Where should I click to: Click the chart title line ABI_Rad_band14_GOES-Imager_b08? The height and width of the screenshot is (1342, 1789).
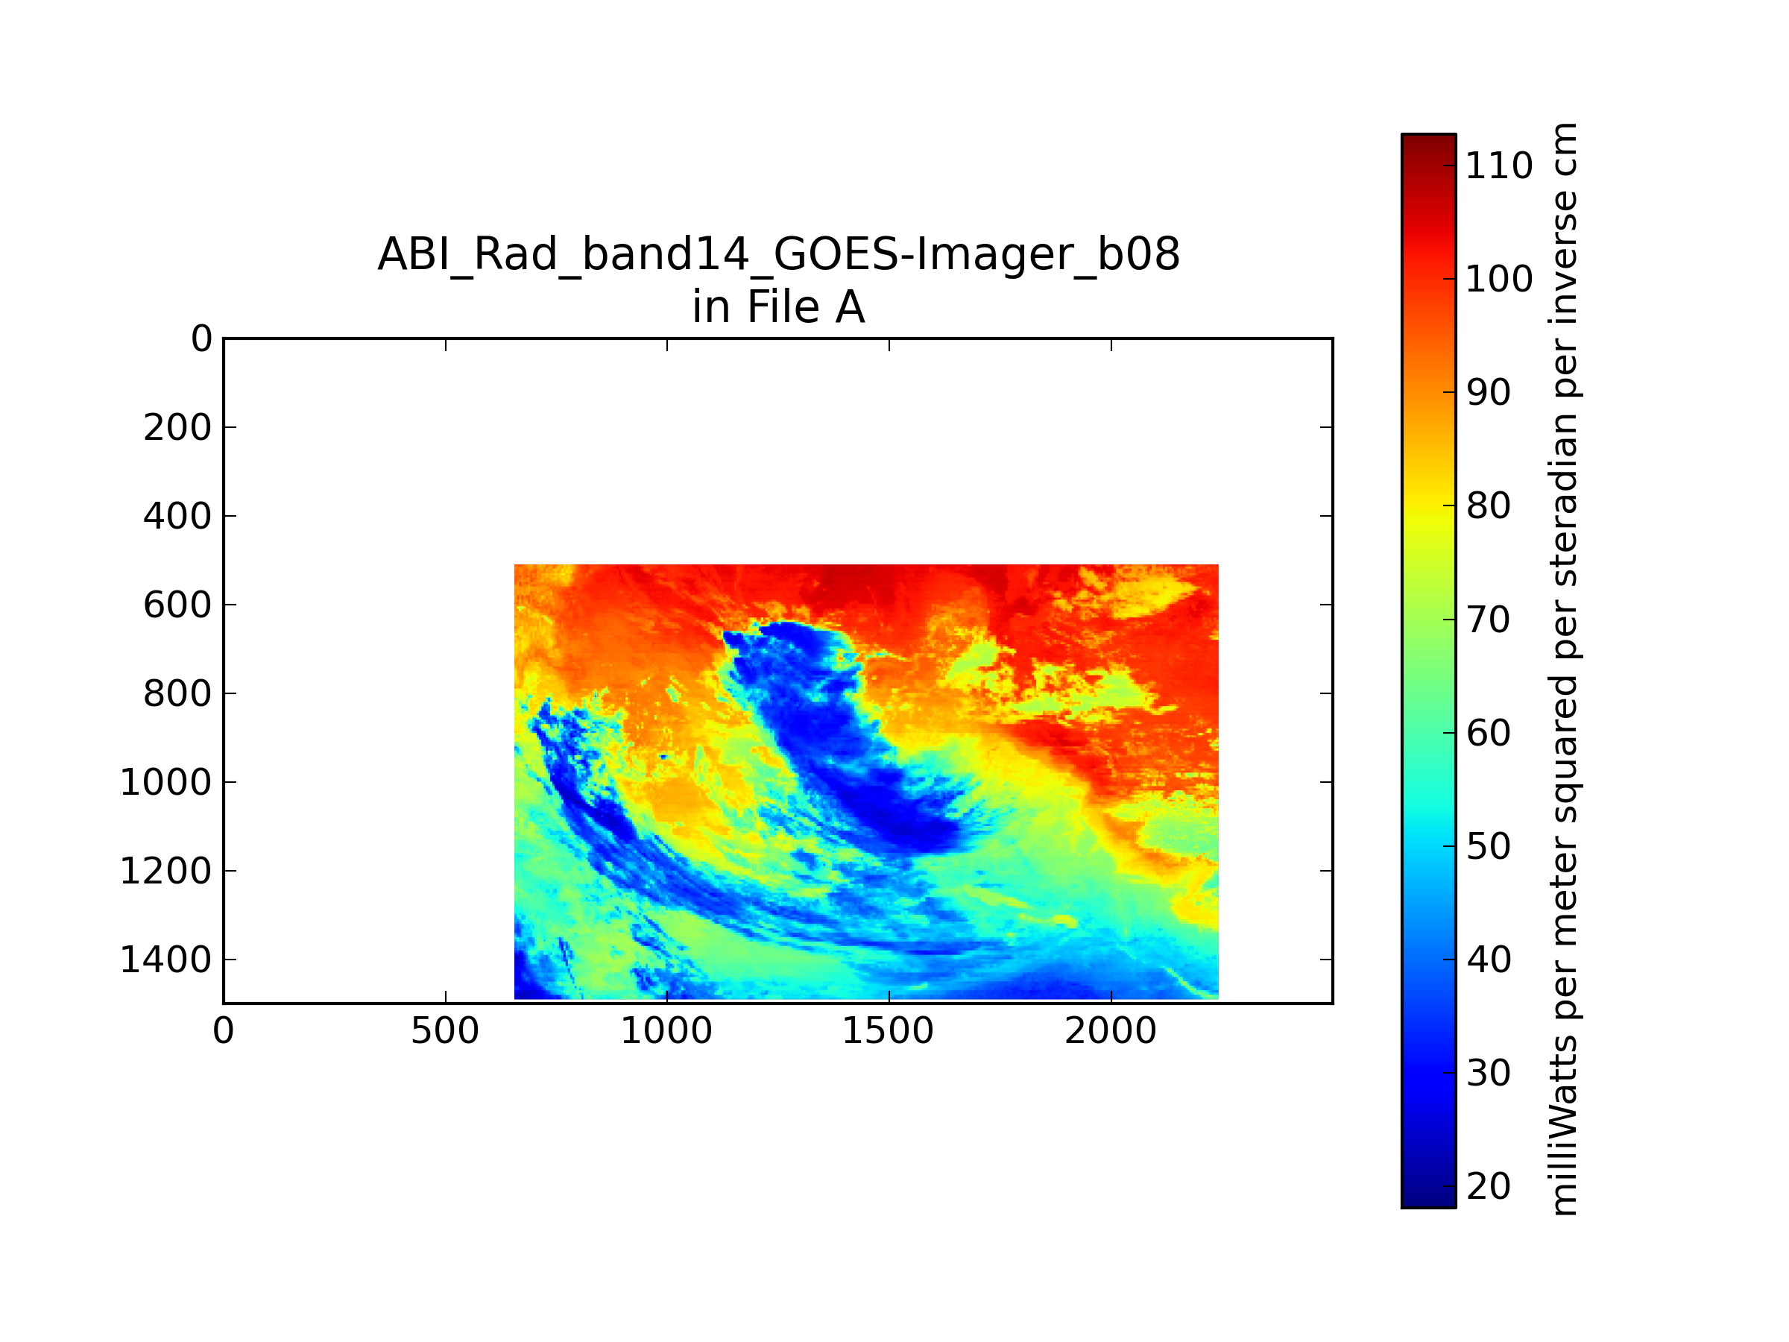tap(778, 254)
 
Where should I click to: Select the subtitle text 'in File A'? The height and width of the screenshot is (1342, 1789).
tap(778, 307)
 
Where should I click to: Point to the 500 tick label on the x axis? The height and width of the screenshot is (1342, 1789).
tap(445, 1031)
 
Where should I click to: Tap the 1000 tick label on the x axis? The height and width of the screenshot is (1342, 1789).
tap(666, 1031)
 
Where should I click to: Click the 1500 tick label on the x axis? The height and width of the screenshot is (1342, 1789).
tap(888, 1031)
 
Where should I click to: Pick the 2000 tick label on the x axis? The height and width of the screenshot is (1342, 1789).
tap(1111, 1031)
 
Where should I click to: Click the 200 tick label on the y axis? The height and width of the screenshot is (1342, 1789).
tap(178, 428)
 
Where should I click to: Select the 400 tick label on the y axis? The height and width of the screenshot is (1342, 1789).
tap(178, 516)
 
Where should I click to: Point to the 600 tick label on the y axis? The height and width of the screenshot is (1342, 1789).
tap(178, 605)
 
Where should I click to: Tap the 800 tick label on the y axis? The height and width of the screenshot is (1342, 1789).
tap(178, 694)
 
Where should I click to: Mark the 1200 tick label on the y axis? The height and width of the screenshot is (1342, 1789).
tap(165, 872)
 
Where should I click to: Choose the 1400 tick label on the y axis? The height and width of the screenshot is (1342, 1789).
tap(165, 960)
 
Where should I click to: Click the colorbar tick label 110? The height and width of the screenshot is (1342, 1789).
tap(1498, 166)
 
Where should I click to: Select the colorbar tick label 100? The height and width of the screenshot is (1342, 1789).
tap(1498, 279)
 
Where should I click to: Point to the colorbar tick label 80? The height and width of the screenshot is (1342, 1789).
tap(1488, 506)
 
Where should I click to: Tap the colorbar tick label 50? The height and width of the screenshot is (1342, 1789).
tap(1488, 847)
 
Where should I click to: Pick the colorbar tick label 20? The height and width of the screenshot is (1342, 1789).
tap(1488, 1187)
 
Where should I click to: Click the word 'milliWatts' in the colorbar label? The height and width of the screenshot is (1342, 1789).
tap(1562, 1129)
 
